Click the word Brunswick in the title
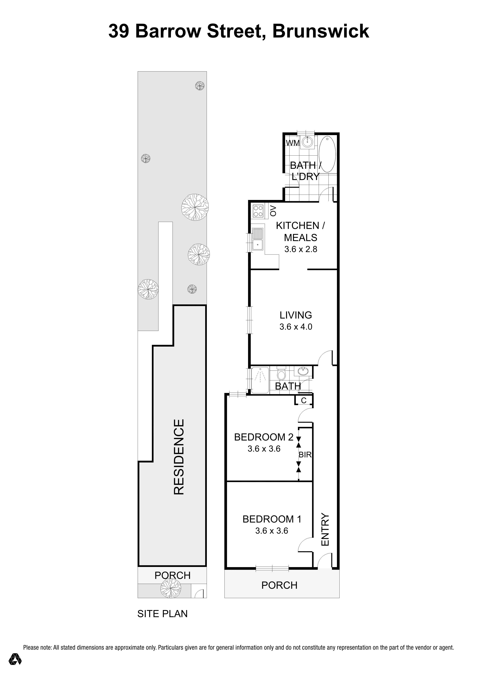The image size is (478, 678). coord(321,31)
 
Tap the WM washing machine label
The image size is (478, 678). coord(293,143)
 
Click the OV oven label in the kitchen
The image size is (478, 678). coord(273,211)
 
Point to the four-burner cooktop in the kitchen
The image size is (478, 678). coord(258,211)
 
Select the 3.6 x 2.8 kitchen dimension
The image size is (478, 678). coord(301,249)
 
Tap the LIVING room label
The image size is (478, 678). coord(296,315)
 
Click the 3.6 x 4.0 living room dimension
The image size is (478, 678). coord(296,327)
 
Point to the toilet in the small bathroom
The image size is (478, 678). coord(281,374)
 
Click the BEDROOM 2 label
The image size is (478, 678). coord(264,437)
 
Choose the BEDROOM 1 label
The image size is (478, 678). coord(272,519)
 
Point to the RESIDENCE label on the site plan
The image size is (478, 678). coord(179,457)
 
